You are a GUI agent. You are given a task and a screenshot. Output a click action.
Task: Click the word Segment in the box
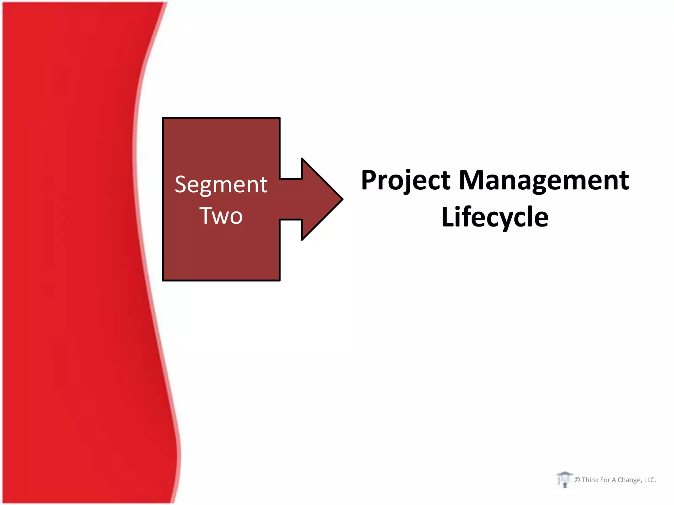pos(221,184)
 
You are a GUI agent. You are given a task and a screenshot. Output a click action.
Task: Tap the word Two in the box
pos(221,216)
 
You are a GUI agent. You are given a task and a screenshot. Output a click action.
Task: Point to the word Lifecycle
pos(495,217)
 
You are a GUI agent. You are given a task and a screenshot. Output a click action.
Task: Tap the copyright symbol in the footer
pos(577,480)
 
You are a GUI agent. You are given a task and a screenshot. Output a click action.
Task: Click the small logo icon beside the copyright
pos(565,480)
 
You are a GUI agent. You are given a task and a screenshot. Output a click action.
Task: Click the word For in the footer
pos(605,480)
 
